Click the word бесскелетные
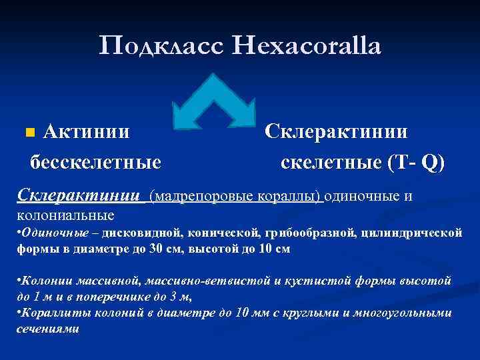point(95,162)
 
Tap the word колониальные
point(65,215)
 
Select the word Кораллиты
point(51,313)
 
